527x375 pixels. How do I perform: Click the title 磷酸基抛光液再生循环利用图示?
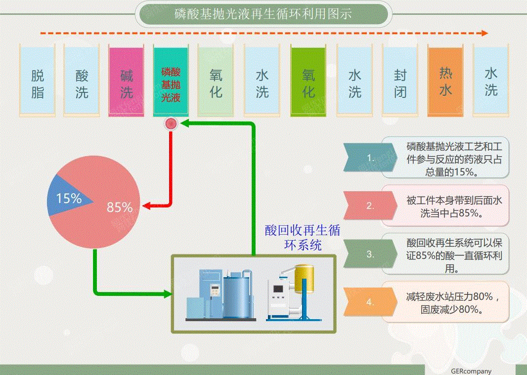click(x=263, y=14)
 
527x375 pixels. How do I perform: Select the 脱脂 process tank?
click(x=38, y=82)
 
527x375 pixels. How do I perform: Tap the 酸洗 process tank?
click(x=82, y=82)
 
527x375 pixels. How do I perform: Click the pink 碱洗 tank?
click(x=127, y=82)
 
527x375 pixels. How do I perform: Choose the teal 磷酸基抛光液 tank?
click(x=171, y=82)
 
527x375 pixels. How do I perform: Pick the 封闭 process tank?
click(x=400, y=82)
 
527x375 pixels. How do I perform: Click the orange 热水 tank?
click(x=445, y=82)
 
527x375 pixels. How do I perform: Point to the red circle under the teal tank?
click(x=171, y=124)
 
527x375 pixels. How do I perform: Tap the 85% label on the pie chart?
click(x=120, y=208)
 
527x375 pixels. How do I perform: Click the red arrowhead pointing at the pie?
click(x=147, y=205)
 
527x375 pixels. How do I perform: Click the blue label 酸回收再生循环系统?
click(x=303, y=237)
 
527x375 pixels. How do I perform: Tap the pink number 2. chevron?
click(x=370, y=206)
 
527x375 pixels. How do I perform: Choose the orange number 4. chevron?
click(x=370, y=302)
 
